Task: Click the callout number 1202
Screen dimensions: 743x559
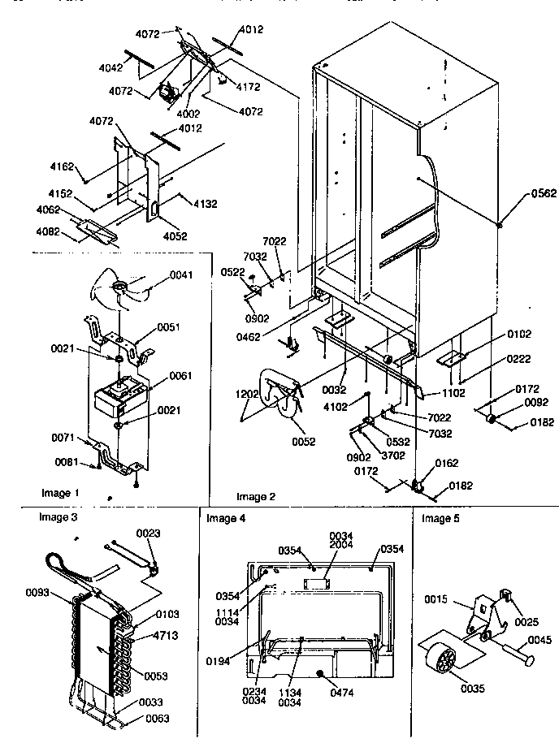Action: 248,394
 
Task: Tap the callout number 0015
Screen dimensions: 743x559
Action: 435,599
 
